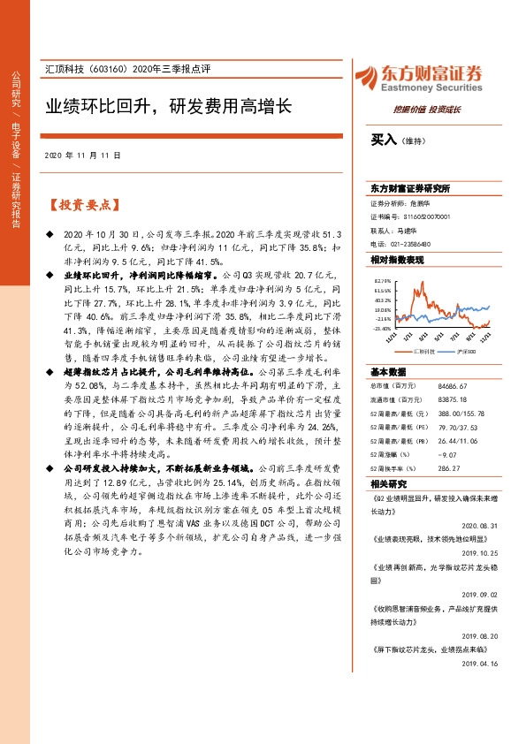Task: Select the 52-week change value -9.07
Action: click(447, 456)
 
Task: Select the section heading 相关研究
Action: click(388, 485)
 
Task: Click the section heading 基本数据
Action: click(388, 371)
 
